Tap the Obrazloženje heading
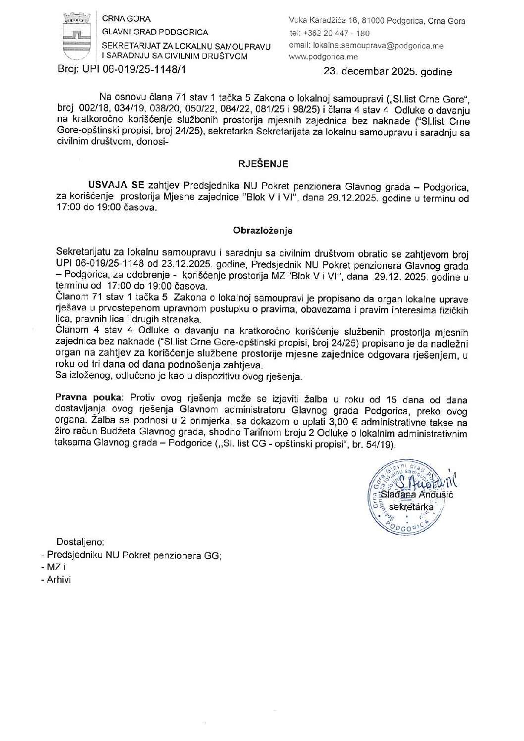point(263,230)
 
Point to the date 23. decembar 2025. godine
point(388,71)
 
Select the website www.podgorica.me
point(323,56)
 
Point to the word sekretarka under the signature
point(411,507)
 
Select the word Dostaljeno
point(80,542)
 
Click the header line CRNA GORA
point(126,19)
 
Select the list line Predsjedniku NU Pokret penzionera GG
point(134,555)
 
